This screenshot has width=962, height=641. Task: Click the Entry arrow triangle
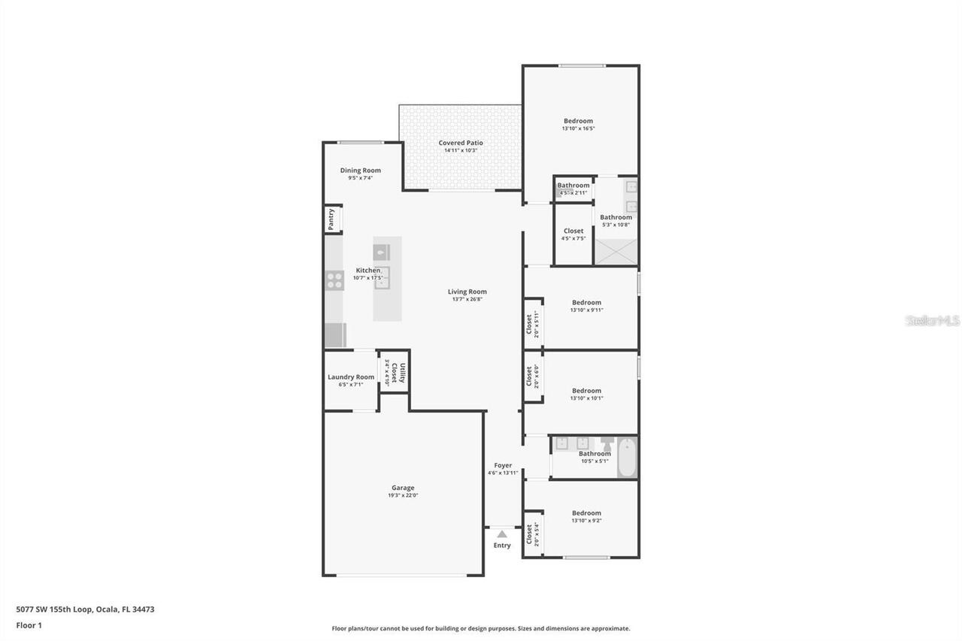point(502,534)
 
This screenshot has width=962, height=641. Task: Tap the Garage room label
point(402,488)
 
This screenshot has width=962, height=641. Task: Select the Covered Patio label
point(461,143)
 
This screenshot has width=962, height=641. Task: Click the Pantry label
point(331,219)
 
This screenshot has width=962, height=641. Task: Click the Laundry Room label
point(350,377)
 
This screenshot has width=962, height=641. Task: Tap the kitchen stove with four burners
point(335,280)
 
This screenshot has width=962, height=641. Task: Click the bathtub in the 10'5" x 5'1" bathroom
point(628,458)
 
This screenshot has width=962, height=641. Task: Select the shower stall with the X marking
point(616,251)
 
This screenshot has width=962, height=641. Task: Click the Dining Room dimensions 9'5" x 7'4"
point(360,178)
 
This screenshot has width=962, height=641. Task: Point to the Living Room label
point(467,292)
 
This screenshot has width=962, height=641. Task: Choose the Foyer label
point(503,465)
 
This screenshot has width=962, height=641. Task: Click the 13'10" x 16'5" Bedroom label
point(578,121)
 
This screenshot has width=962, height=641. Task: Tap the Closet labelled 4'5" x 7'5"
point(573,231)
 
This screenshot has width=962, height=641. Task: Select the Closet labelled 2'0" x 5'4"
point(530,534)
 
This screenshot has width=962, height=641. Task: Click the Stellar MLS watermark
point(933,321)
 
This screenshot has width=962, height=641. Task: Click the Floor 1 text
point(29,625)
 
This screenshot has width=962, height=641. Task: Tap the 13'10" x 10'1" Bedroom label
point(586,391)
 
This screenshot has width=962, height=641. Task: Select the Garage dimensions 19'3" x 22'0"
point(402,496)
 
